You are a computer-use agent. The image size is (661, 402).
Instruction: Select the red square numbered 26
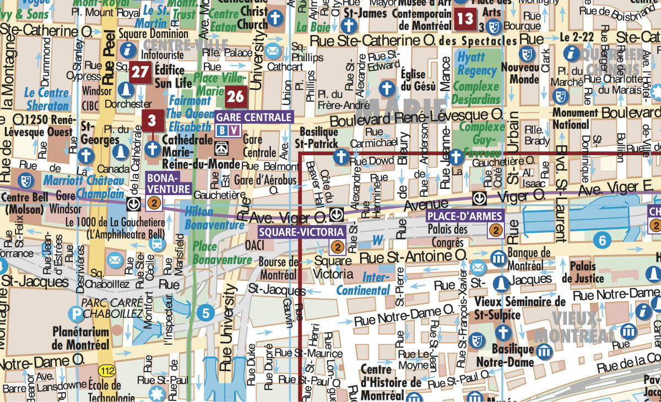pyautogui.click(x=235, y=97)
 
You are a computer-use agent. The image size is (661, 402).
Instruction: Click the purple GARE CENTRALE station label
pyautogui.click(x=253, y=117)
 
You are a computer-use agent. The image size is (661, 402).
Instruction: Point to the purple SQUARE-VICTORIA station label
pyautogui.click(x=302, y=232)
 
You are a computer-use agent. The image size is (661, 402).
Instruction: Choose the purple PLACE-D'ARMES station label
pyautogui.click(x=465, y=216)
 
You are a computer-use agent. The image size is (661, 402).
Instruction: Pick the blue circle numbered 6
pyautogui.click(x=602, y=240)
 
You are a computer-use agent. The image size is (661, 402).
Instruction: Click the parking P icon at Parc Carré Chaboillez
pyautogui.click(x=75, y=314)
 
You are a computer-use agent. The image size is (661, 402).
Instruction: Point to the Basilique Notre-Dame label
pyautogui.click(x=512, y=356)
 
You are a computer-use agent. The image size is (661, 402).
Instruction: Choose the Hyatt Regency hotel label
pyautogui.click(x=477, y=63)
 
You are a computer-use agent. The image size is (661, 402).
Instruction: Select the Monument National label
pyautogui.click(x=575, y=118)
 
